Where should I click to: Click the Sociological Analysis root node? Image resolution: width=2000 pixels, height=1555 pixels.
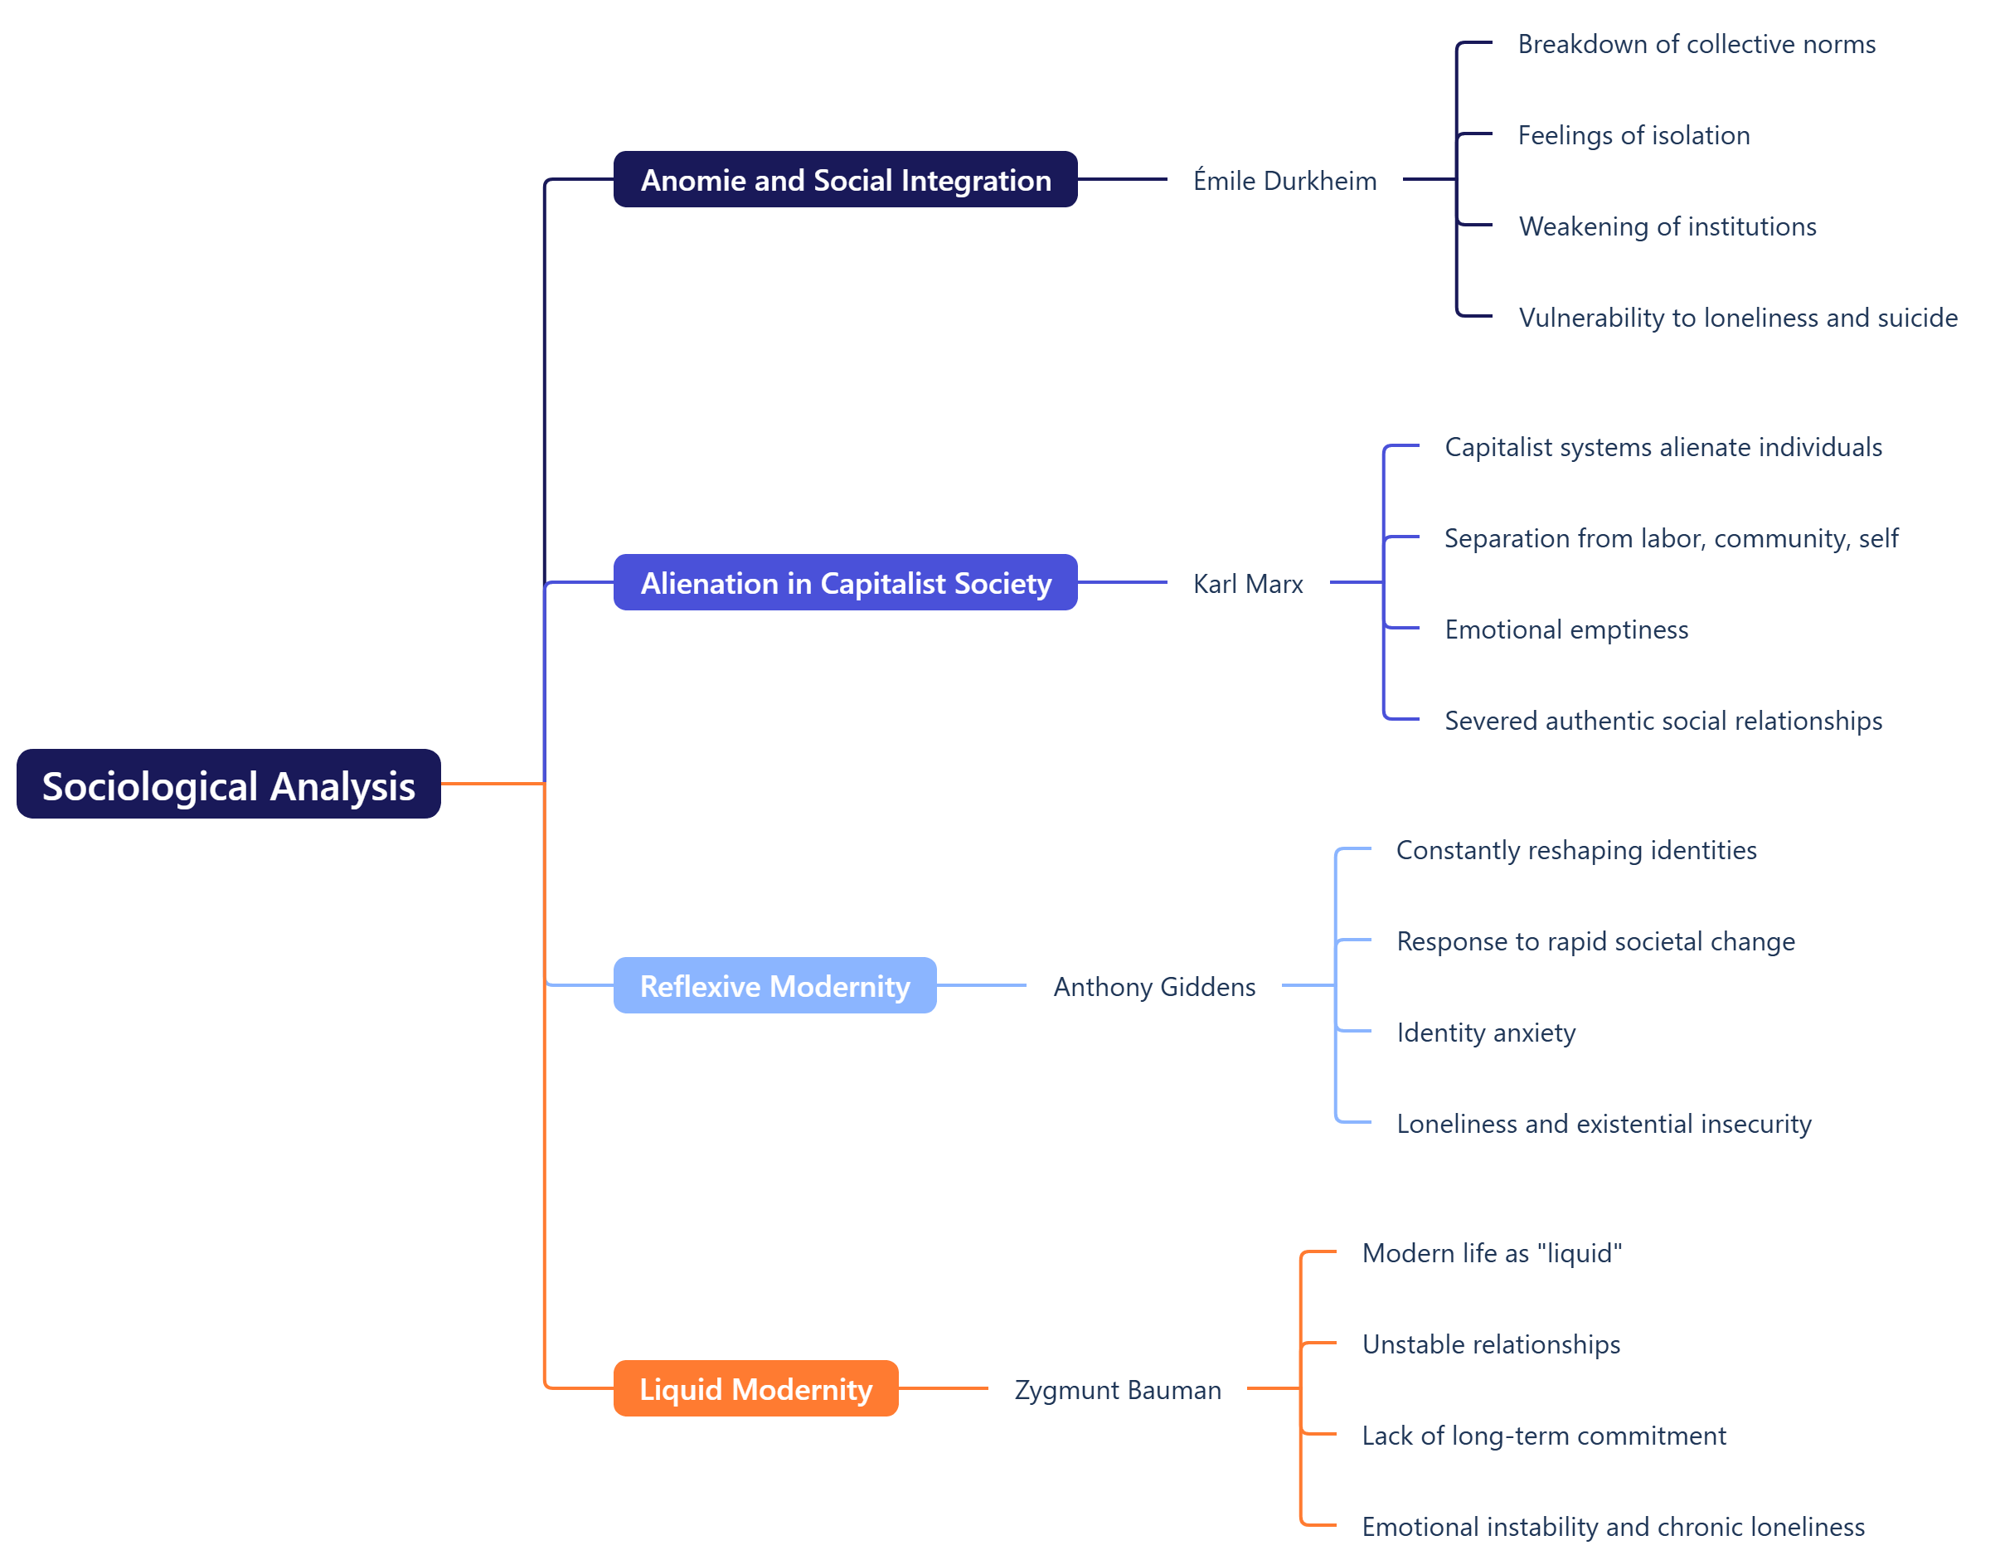coord(228,784)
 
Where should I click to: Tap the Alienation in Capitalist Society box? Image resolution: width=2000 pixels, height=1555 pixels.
coord(844,582)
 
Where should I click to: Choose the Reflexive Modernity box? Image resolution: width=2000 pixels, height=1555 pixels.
coord(774,985)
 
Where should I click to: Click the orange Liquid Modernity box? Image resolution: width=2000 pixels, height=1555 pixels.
coord(755,1388)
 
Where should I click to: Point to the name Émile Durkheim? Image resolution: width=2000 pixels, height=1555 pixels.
coord(1284,181)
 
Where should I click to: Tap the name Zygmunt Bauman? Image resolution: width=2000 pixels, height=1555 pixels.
coord(1116,1389)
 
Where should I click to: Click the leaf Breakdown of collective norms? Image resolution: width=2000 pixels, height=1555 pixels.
coord(1696,44)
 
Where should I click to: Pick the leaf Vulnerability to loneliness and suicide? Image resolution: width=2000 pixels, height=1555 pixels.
coord(1737,317)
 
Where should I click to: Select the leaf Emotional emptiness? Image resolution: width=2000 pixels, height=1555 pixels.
coord(1566,629)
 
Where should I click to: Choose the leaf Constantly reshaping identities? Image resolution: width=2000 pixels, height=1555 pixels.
coord(1575,850)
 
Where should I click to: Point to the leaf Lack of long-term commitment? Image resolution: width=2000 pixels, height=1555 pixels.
coord(1543,1435)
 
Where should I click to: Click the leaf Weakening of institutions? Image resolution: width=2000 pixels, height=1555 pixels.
coord(1667,226)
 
